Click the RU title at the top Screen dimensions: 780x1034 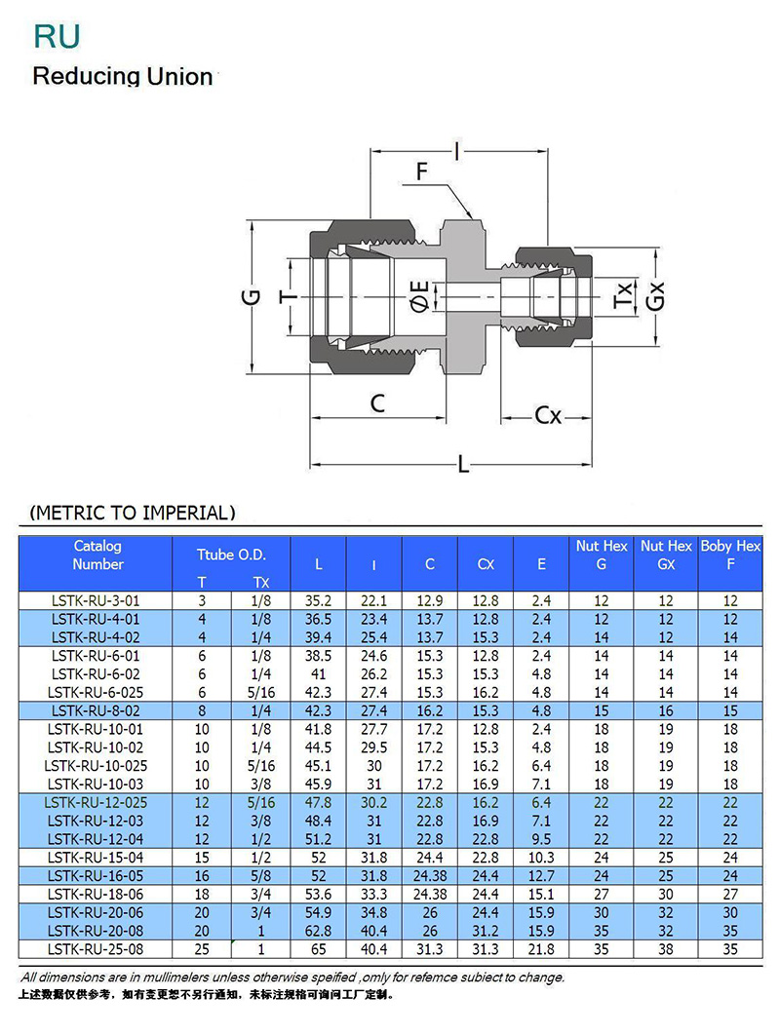[x=57, y=37]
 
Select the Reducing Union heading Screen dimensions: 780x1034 [x=123, y=76]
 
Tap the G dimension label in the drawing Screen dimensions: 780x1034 [x=253, y=297]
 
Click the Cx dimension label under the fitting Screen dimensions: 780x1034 [x=548, y=415]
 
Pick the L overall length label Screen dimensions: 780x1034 [x=463, y=465]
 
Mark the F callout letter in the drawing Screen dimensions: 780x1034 [x=421, y=172]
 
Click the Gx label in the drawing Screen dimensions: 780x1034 [x=655, y=296]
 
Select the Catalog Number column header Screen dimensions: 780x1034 [x=97, y=555]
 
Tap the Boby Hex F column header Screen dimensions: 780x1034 [x=730, y=555]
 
